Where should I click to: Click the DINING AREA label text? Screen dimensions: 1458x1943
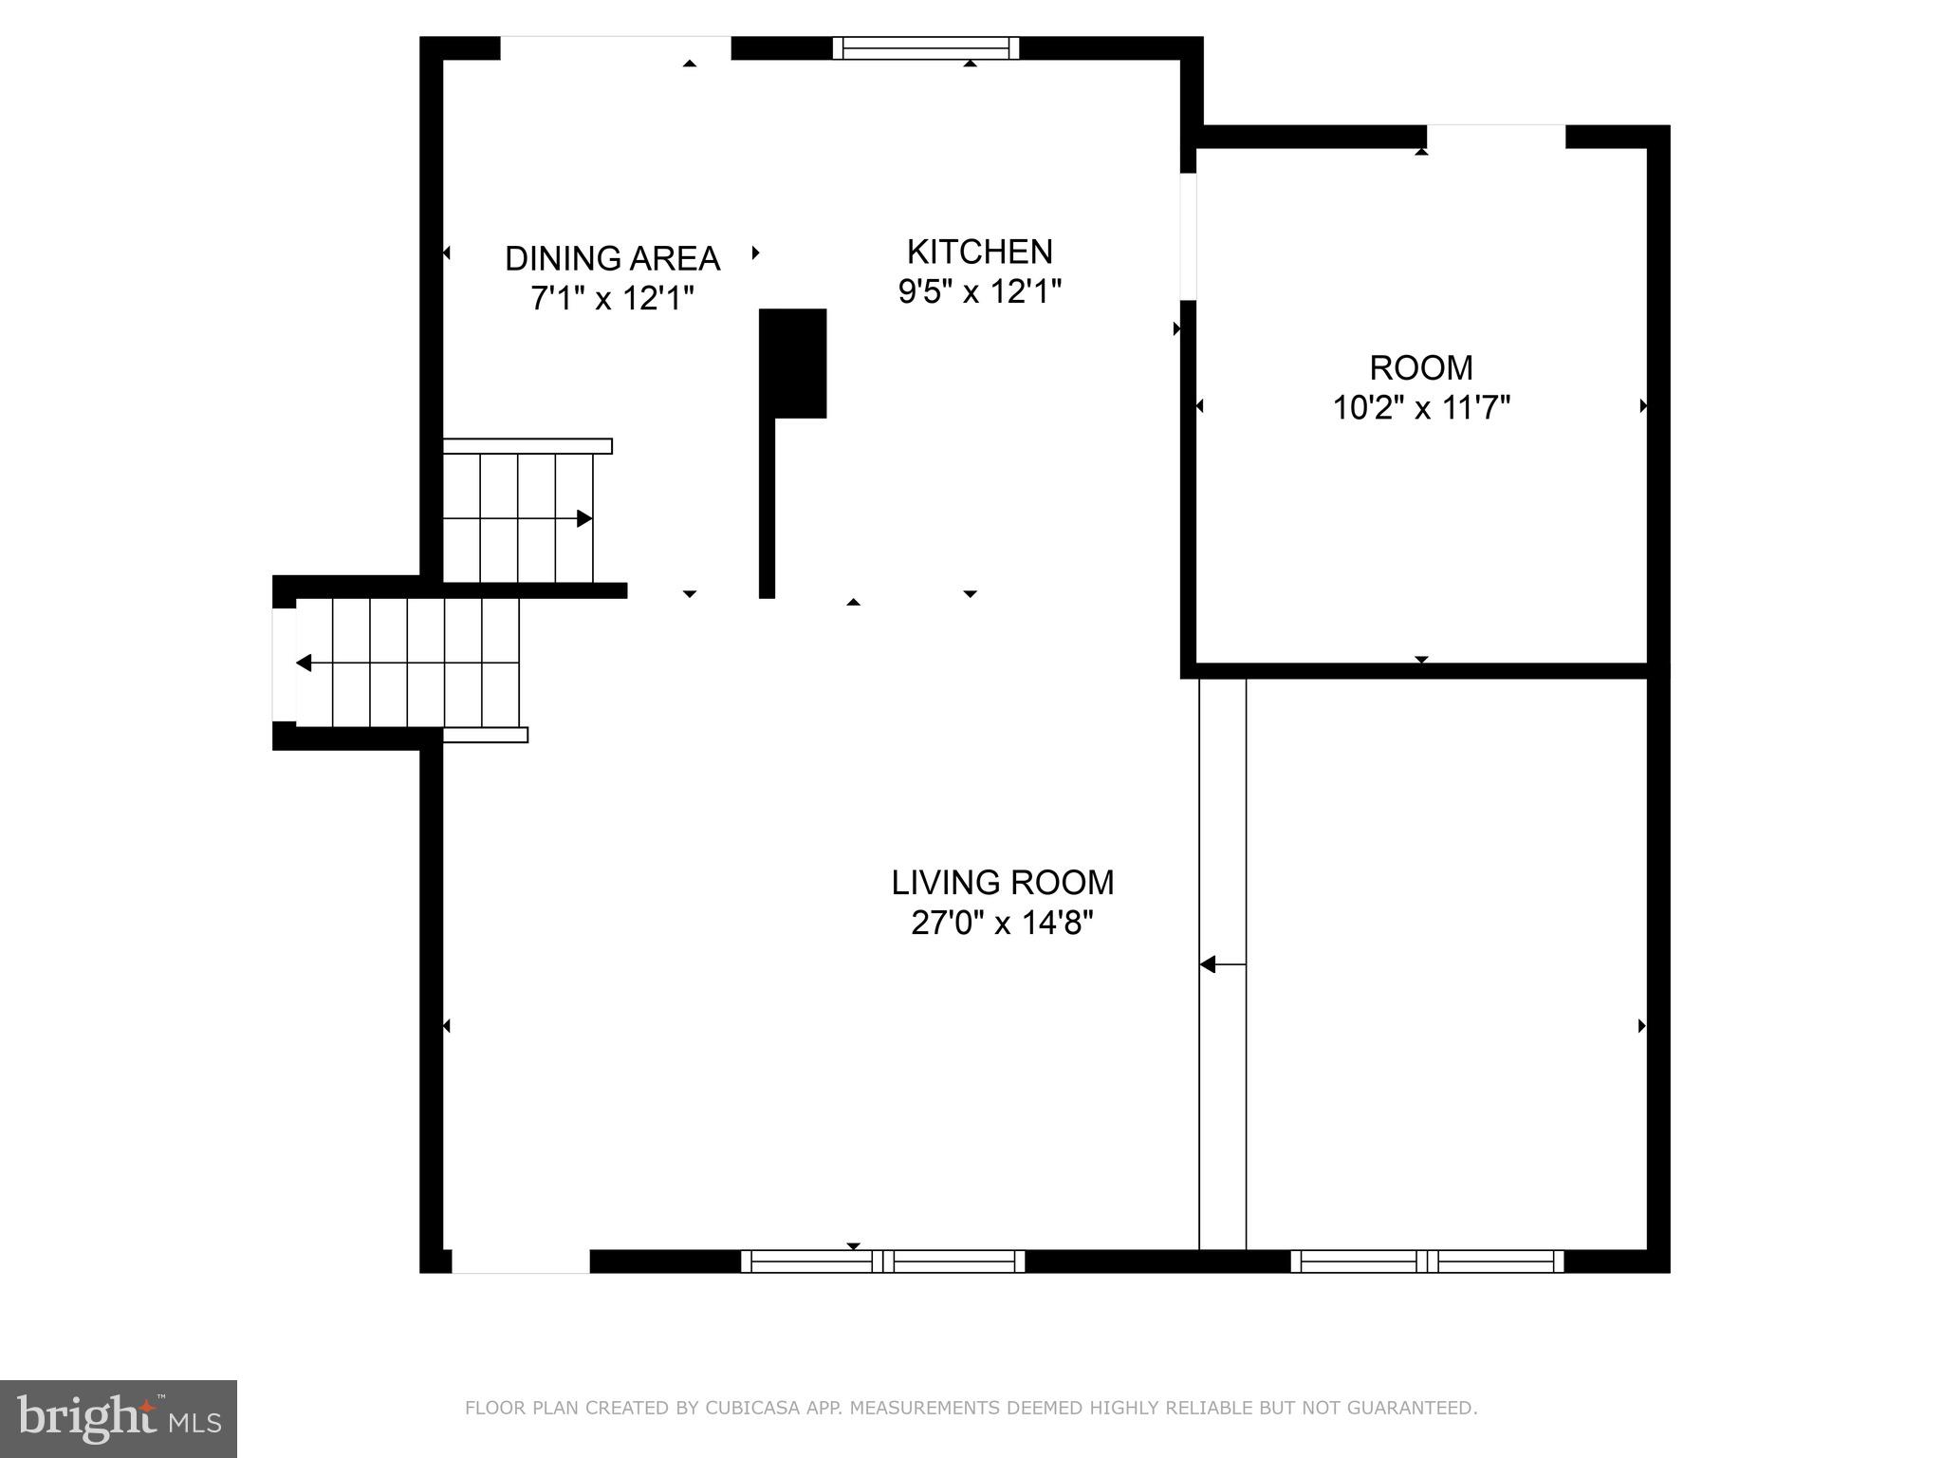tap(612, 258)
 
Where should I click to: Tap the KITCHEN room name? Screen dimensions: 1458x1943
tap(979, 252)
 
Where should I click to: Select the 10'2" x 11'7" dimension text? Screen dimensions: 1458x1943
tap(1420, 408)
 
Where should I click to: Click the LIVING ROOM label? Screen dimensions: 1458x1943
tap(1002, 883)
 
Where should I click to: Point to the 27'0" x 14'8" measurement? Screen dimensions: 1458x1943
tap(1002, 923)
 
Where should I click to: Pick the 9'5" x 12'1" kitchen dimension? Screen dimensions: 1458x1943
tap(979, 291)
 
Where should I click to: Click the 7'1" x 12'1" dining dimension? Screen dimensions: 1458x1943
tap(612, 298)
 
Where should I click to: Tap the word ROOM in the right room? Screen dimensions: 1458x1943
tap(1420, 367)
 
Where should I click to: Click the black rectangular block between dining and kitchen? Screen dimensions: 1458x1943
tap(793, 363)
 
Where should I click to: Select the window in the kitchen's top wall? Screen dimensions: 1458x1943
tap(926, 48)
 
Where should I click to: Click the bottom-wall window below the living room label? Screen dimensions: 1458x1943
tap(882, 1261)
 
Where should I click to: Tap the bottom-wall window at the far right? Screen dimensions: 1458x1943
tap(1426, 1261)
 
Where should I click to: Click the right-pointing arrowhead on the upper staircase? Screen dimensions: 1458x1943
tap(584, 518)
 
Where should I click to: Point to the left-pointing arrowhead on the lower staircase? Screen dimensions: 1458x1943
tap(304, 663)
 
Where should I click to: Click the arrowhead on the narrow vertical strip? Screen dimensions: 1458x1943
tap(1208, 964)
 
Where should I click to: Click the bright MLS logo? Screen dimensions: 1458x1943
tap(119, 1418)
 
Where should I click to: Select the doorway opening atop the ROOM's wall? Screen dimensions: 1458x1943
tap(1495, 137)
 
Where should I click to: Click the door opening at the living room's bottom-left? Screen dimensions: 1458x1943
tap(520, 1261)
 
